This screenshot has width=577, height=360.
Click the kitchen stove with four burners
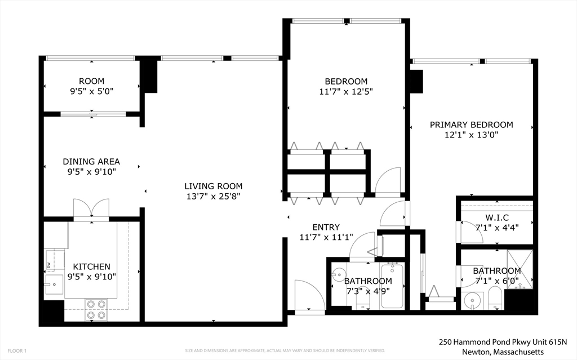coord(96,309)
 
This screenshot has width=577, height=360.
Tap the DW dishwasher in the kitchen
coord(49,264)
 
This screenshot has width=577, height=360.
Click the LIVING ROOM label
coord(214,186)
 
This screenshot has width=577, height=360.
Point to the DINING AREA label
coord(91,162)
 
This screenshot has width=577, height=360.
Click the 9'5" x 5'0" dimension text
coord(91,91)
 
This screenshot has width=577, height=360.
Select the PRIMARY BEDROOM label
coord(471,125)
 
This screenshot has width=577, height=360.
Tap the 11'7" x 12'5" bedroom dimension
coord(346,91)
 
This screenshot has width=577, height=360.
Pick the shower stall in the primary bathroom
coord(519,269)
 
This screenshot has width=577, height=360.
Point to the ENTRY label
coord(326,227)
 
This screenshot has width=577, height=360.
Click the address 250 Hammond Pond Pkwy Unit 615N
coord(503,342)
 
